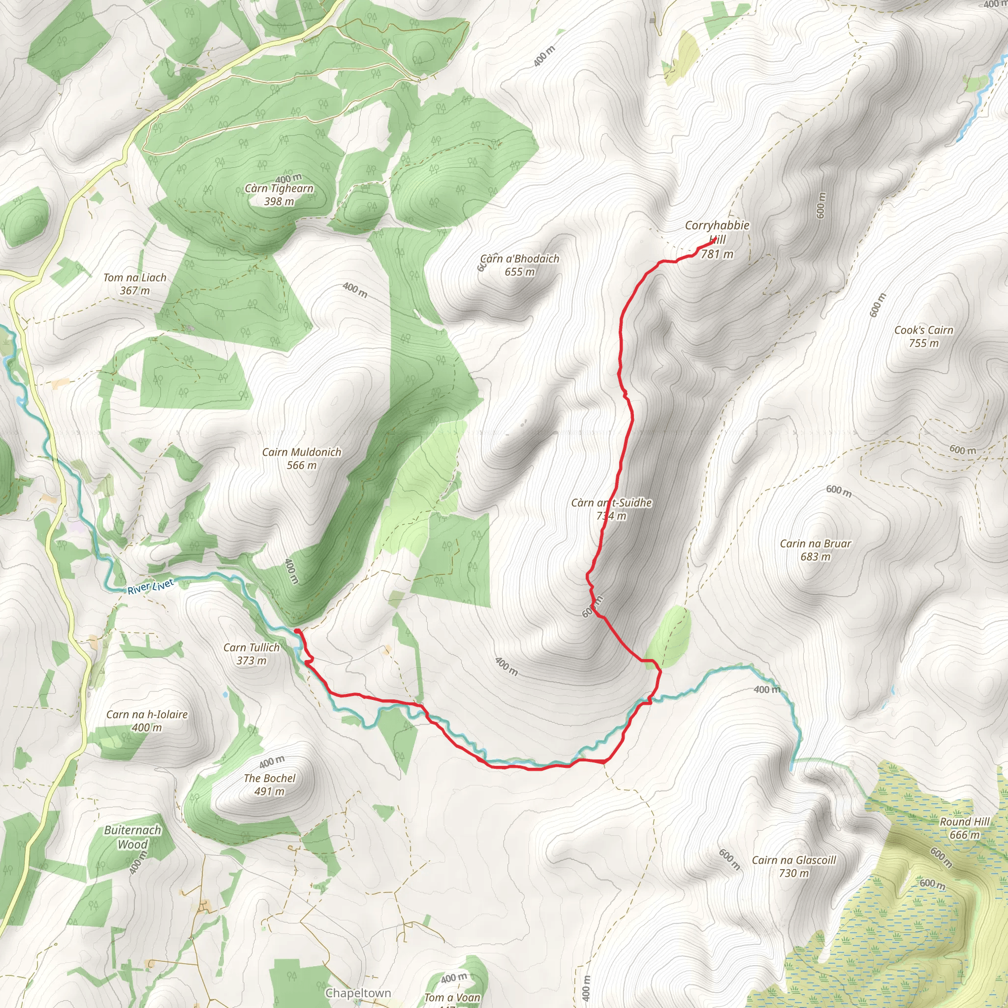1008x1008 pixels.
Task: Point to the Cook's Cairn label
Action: coord(923,330)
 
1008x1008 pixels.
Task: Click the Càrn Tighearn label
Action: coord(279,189)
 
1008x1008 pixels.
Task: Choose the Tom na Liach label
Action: coord(134,278)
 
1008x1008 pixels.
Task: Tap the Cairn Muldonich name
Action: coord(302,452)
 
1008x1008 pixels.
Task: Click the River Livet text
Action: coord(151,586)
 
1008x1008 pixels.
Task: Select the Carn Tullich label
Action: coord(252,648)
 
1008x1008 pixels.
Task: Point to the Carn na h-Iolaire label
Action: coord(147,714)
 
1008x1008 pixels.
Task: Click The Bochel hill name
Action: coord(269,778)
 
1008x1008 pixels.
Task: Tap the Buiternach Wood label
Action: coord(132,837)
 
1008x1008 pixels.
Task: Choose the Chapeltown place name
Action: coord(358,993)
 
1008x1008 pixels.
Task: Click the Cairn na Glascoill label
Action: coord(793,860)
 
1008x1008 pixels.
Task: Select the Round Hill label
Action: coord(964,821)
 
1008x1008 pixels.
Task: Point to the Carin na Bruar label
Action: coord(815,544)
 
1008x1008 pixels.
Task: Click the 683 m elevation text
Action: coord(815,557)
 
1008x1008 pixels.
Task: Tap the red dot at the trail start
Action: coord(297,631)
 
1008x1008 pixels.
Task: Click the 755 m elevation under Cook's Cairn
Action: coord(923,344)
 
